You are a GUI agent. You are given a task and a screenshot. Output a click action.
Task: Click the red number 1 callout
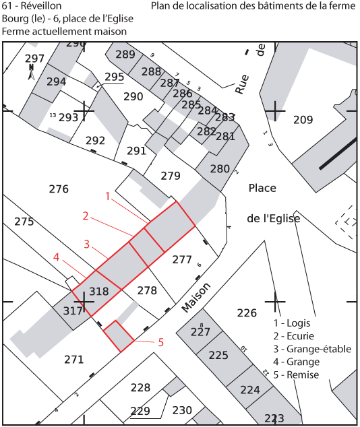tap(108, 196)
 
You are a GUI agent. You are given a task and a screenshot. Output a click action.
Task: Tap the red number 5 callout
tap(161, 342)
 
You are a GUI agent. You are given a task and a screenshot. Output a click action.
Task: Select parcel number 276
tap(59, 189)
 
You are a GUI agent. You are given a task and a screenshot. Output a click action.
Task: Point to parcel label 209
tap(303, 120)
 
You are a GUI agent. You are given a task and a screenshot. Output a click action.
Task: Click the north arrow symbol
tap(31, 72)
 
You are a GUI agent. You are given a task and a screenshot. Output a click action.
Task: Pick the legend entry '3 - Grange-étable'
tap(312, 349)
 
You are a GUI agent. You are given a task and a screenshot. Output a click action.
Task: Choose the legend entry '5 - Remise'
tap(296, 374)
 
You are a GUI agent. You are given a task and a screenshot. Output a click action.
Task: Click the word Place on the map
tap(262, 188)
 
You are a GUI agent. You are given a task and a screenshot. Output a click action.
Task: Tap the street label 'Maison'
tap(196, 298)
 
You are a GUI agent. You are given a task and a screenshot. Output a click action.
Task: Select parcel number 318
tap(99, 291)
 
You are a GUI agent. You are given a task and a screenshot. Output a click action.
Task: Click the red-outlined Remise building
tap(119, 336)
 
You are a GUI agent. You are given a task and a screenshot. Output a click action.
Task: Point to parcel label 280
tap(220, 169)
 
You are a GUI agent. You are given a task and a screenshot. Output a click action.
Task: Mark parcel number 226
tap(247, 313)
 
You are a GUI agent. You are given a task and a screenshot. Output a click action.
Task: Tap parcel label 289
tap(125, 54)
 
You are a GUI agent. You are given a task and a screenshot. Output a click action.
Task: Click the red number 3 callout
tap(87, 244)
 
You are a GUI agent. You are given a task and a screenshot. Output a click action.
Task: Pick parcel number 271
tap(74, 360)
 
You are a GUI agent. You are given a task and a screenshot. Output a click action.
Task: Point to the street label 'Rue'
tap(242, 84)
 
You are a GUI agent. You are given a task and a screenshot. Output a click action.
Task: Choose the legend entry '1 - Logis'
tap(292, 323)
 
